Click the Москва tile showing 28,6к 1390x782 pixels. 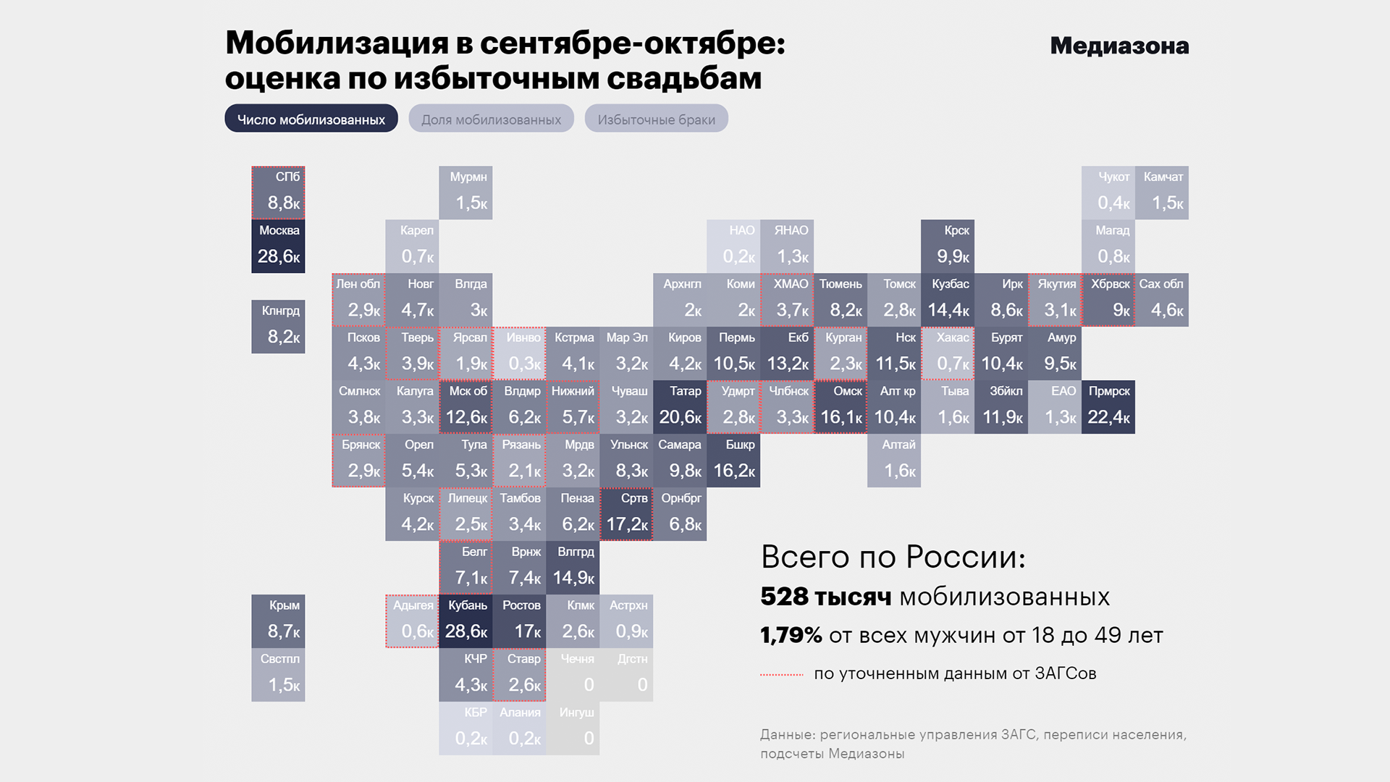(x=278, y=246)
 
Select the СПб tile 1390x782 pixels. (x=278, y=193)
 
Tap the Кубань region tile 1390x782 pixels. (x=466, y=621)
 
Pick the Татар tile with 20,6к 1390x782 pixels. (x=680, y=407)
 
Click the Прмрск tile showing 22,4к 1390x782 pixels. (x=1108, y=407)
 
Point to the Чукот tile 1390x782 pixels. (x=1108, y=193)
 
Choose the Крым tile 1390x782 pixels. (x=278, y=621)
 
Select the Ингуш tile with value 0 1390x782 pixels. (x=573, y=728)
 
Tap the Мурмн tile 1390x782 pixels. (x=466, y=193)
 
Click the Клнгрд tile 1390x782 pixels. (x=278, y=327)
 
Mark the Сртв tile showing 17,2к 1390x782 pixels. (x=626, y=514)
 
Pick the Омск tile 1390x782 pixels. (x=841, y=407)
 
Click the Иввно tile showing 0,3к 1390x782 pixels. (x=519, y=353)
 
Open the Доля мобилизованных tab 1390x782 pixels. (x=491, y=119)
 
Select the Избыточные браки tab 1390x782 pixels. (x=656, y=119)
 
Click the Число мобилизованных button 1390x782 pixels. (x=311, y=119)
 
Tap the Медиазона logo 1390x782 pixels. (x=1119, y=46)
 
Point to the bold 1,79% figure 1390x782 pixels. (x=791, y=635)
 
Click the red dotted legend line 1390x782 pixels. (x=782, y=674)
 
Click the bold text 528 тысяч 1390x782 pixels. (x=825, y=597)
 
